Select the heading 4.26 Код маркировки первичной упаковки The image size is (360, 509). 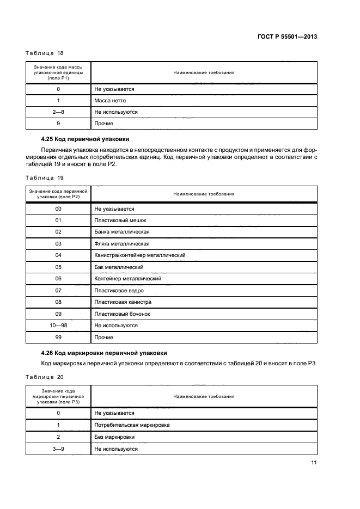click(104, 352)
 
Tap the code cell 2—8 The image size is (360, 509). click(58, 112)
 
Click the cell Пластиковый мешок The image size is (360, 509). click(120, 220)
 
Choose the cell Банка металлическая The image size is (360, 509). click(122, 232)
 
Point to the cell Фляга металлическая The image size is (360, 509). click(121, 243)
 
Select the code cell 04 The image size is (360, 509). click(58, 255)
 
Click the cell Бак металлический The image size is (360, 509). click(119, 267)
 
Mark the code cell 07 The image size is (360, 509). click(58, 290)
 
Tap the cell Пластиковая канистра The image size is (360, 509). click(123, 302)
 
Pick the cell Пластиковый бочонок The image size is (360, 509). click(122, 314)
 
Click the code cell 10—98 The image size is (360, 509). click(58, 326)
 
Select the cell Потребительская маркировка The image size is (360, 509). click(132, 425)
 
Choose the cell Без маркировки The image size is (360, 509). click(114, 437)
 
